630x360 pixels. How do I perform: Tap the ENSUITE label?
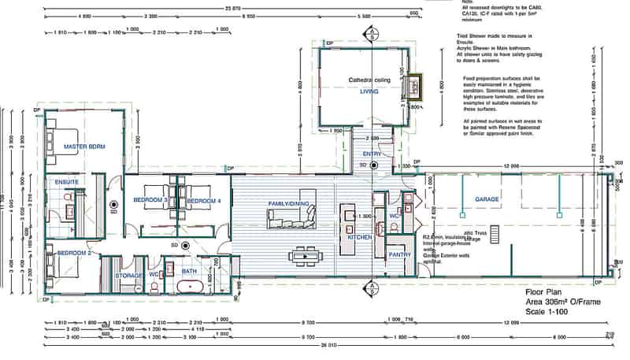coord(66,183)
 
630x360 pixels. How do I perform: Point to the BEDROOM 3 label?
coord(149,202)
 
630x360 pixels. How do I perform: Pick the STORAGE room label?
coord(130,276)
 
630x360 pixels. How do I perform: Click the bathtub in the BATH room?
coord(189,288)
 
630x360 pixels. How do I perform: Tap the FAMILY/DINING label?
coord(289,205)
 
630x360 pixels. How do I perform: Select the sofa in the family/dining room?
coord(289,220)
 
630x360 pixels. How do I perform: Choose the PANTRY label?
coord(399,254)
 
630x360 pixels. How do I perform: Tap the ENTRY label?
coord(372,154)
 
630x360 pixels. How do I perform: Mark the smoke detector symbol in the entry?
coord(374,165)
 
